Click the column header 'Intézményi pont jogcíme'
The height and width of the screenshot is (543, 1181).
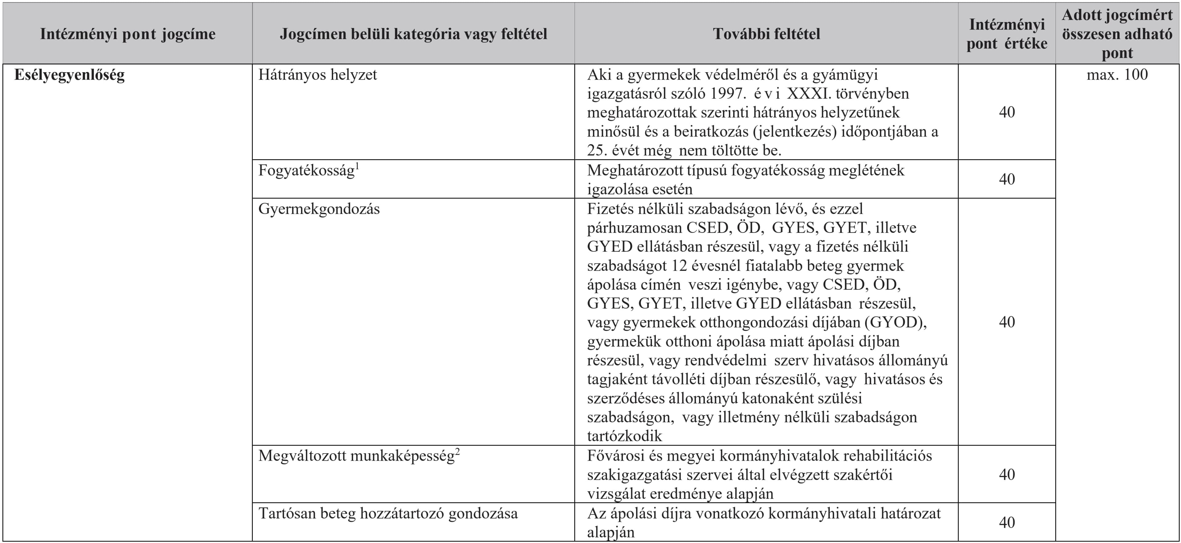[x=127, y=34]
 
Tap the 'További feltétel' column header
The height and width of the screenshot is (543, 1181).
[x=766, y=34]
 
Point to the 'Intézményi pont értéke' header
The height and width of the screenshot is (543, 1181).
[x=1007, y=34]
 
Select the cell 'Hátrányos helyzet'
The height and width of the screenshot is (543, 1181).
[x=317, y=75]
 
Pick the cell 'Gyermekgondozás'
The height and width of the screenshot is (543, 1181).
[x=319, y=209]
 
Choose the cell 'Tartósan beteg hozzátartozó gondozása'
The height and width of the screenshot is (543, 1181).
[x=388, y=513]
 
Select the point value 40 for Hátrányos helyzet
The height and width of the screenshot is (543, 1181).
[x=1007, y=112]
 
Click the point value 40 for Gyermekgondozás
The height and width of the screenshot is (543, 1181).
[x=1007, y=322]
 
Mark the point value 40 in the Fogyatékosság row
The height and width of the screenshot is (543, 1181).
[x=1007, y=179]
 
